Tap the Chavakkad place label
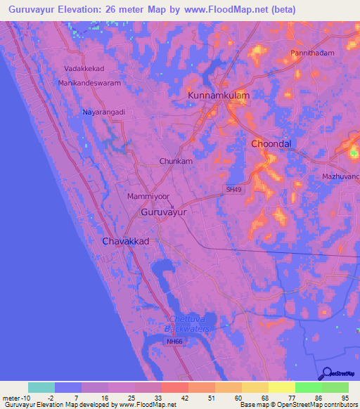point(125,241)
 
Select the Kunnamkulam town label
point(219,95)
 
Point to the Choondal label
point(271,143)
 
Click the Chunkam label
point(176,161)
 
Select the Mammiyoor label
point(149,197)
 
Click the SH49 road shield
point(234,189)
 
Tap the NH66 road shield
point(174,342)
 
